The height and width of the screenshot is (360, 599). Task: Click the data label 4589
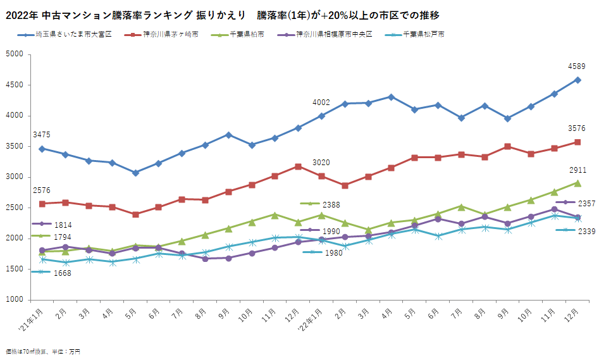576,66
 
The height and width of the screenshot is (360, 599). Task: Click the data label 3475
42,135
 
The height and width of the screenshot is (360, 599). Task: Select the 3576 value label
576,128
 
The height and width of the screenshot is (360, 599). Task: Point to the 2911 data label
576,170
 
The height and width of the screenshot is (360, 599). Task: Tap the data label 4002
321,102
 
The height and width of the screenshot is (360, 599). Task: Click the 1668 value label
62,273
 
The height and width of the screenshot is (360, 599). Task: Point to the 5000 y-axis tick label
15,54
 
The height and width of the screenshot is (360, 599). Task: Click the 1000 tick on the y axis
15,299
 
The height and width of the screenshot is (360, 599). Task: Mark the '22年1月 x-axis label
316,319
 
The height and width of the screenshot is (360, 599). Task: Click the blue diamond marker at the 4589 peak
577,80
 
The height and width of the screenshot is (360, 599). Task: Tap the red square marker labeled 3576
577,142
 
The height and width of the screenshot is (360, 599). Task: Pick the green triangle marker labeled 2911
577,183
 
